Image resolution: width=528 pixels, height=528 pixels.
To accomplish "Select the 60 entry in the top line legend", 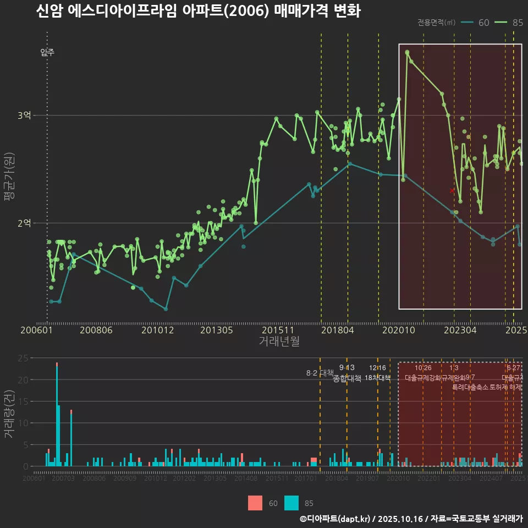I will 476,23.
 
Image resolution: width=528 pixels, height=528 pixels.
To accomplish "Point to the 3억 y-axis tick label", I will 25,116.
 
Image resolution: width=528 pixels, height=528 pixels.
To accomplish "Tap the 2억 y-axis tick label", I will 25,223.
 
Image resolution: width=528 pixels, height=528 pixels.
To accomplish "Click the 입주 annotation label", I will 47,53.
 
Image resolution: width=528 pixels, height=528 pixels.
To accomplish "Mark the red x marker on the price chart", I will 452,190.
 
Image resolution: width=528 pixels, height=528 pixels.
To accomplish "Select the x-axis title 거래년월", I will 279,341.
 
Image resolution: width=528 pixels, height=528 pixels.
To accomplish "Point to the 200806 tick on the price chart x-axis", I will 96,331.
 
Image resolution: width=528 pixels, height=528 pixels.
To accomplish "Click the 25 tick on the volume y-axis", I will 23,358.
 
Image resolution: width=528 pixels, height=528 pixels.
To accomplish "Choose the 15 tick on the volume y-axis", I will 23,402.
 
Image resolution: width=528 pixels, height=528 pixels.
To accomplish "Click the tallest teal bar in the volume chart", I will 57,415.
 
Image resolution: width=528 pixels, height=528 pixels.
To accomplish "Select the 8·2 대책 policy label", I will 320,373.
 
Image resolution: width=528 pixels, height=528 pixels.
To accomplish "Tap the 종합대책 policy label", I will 347,378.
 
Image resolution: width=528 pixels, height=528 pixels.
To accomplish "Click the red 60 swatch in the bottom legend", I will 255,503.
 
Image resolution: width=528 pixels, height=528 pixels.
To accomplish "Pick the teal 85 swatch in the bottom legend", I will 291,503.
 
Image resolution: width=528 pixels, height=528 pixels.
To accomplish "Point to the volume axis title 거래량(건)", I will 9,414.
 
